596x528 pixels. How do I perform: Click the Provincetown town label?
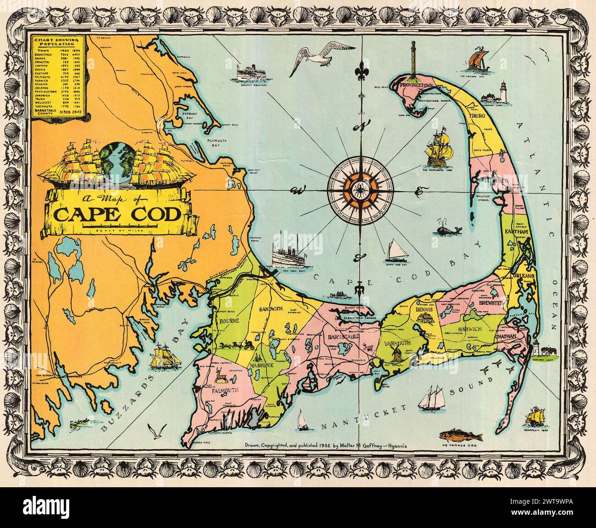(x=416, y=86)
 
